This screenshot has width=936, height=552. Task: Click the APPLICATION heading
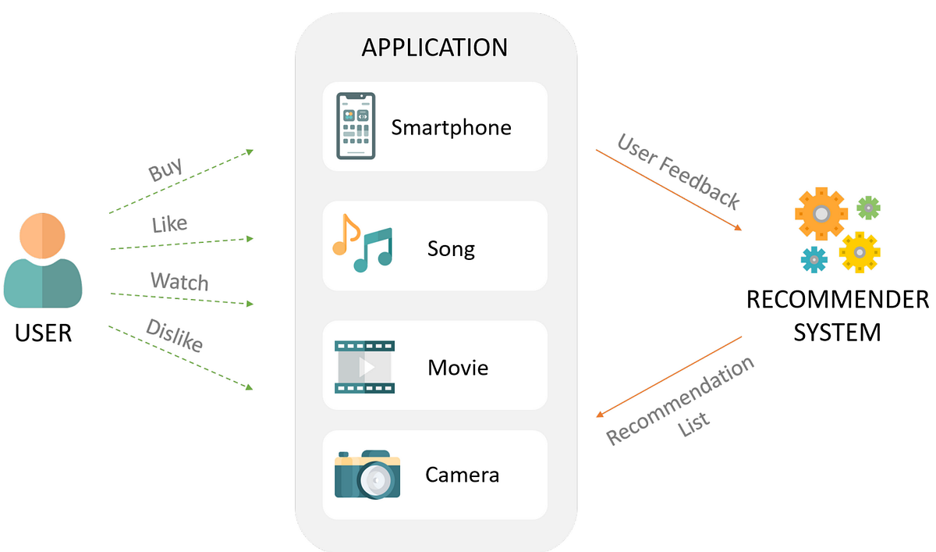pyautogui.click(x=434, y=48)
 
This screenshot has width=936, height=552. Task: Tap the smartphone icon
pyautogui.click(x=356, y=126)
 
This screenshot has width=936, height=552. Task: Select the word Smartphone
pyautogui.click(x=451, y=127)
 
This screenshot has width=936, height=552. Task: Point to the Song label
pyautogui.click(x=451, y=249)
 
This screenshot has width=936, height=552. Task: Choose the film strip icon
pyautogui.click(x=364, y=366)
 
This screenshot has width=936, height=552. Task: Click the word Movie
pyautogui.click(x=458, y=367)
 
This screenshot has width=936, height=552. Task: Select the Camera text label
pyautogui.click(x=462, y=475)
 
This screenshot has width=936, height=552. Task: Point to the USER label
pyautogui.click(x=43, y=333)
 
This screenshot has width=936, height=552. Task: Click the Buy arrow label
pyautogui.click(x=165, y=169)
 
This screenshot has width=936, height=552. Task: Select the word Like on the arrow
pyautogui.click(x=169, y=225)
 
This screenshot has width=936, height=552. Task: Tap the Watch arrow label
pyautogui.click(x=179, y=281)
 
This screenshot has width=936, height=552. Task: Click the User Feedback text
pyautogui.click(x=678, y=171)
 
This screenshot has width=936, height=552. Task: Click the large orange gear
pyautogui.click(x=821, y=212)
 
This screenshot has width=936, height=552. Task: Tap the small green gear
pyautogui.click(x=868, y=208)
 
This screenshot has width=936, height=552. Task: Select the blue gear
pyautogui.click(x=814, y=258)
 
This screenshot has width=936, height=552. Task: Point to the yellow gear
pyautogui.click(x=859, y=252)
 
